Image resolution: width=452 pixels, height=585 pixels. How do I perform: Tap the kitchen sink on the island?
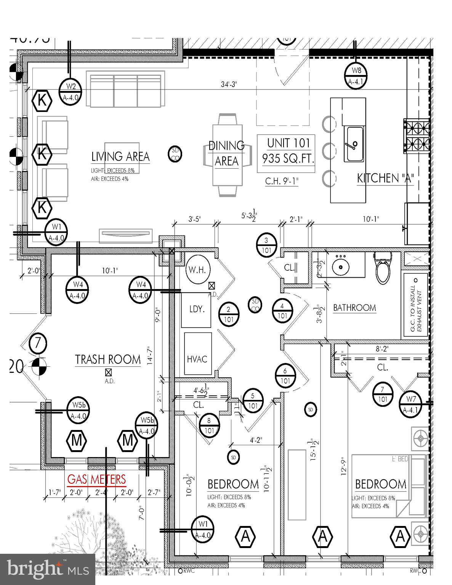(x=354, y=144)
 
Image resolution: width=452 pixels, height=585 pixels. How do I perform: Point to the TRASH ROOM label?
(x=108, y=360)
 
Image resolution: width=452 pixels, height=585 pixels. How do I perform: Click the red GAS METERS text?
(x=96, y=479)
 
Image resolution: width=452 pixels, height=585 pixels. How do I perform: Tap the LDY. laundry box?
(x=196, y=310)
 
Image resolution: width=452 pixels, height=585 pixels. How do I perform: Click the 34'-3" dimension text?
(x=229, y=84)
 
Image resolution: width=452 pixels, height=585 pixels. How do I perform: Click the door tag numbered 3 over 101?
(x=266, y=245)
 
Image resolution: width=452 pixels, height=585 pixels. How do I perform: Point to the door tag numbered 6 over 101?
(x=285, y=376)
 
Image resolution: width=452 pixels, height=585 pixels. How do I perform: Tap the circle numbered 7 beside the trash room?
(x=38, y=344)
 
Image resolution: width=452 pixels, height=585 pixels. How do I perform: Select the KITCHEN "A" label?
(x=385, y=178)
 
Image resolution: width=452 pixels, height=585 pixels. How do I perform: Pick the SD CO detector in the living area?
(x=175, y=154)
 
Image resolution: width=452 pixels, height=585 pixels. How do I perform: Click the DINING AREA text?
(x=226, y=153)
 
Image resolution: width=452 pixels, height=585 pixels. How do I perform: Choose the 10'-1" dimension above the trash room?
(x=110, y=270)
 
